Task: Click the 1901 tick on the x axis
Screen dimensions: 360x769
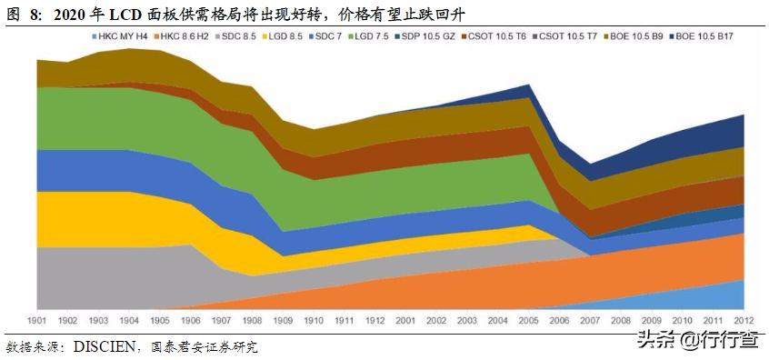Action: (37, 321)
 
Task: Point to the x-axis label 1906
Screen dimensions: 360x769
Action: (191, 321)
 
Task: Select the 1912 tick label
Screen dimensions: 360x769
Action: (375, 321)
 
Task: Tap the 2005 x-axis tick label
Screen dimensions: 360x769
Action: (529, 321)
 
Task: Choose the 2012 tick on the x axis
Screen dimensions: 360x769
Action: (744, 321)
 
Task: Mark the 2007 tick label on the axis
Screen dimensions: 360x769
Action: (591, 321)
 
